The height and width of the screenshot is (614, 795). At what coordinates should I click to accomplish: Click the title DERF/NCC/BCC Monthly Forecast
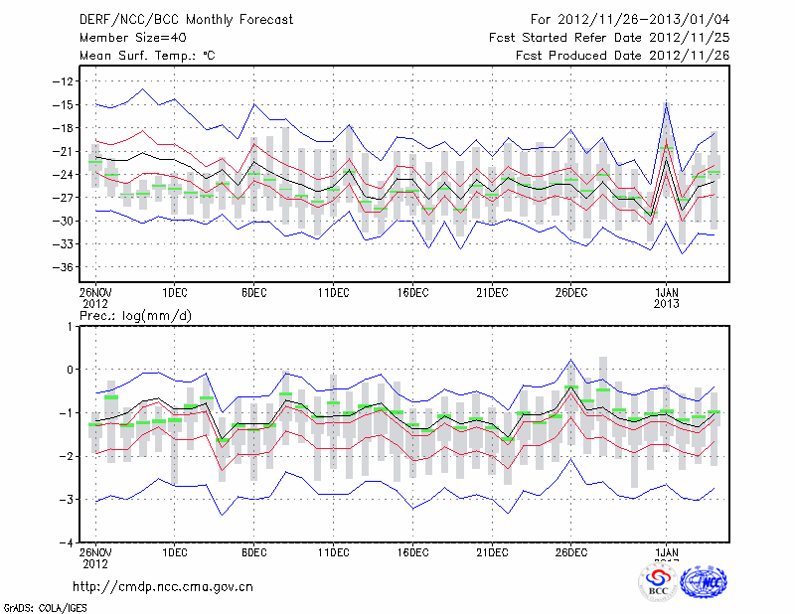[175, 19]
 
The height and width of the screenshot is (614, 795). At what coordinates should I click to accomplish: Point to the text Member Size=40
[126, 38]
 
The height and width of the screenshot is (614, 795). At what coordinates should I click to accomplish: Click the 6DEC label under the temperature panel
[253, 292]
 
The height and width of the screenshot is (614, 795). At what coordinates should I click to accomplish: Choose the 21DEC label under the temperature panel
[492, 292]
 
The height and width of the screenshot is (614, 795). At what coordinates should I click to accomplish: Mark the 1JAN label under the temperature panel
[667, 292]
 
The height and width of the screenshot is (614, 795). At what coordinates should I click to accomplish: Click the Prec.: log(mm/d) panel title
[136, 316]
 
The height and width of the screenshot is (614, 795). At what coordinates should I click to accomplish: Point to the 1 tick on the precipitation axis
[69, 326]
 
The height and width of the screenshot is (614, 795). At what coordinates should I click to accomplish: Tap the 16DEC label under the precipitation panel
[412, 552]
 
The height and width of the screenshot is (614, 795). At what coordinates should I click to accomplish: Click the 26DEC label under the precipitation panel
[571, 552]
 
